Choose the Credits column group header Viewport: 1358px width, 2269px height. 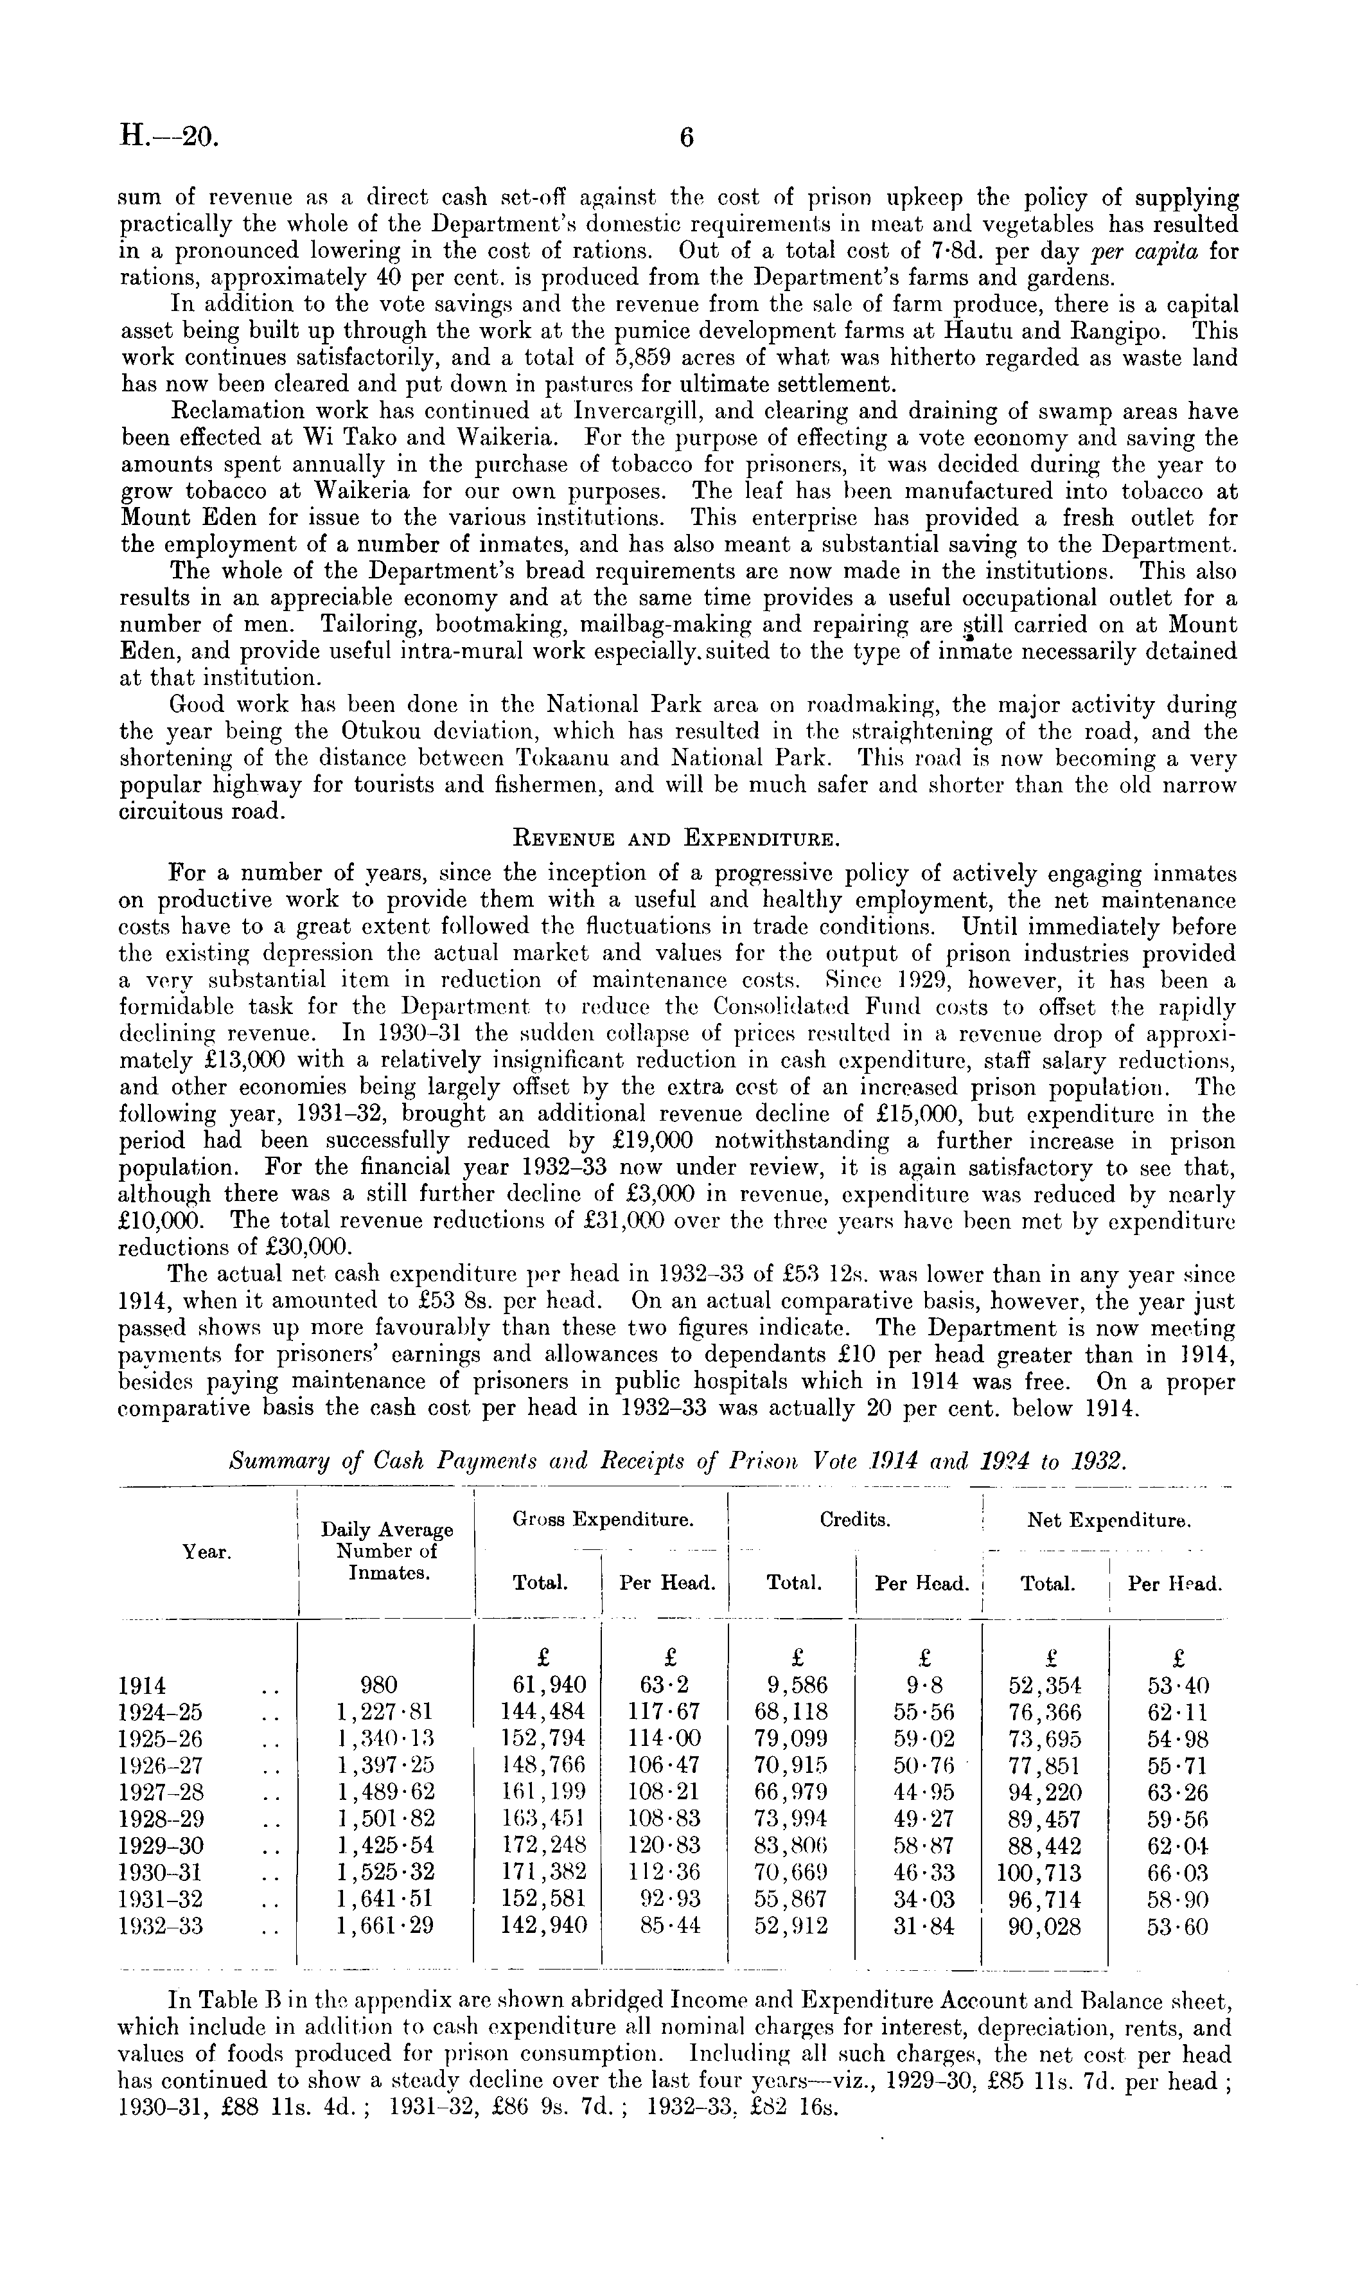[855, 1520]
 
